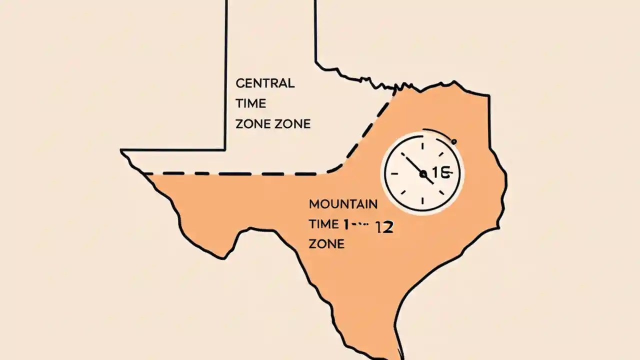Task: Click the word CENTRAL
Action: click(x=265, y=83)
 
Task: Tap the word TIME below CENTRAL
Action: click(x=250, y=103)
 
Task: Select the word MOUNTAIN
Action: click(x=343, y=204)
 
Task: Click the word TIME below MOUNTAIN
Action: click(x=323, y=224)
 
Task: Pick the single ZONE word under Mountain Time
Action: click(x=326, y=244)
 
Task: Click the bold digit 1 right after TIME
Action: click(x=344, y=224)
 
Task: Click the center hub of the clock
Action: click(x=423, y=174)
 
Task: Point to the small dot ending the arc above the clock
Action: click(x=454, y=142)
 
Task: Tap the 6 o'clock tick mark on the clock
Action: click(x=423, y=201)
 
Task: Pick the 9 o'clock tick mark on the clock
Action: click(x=394, y=174)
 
